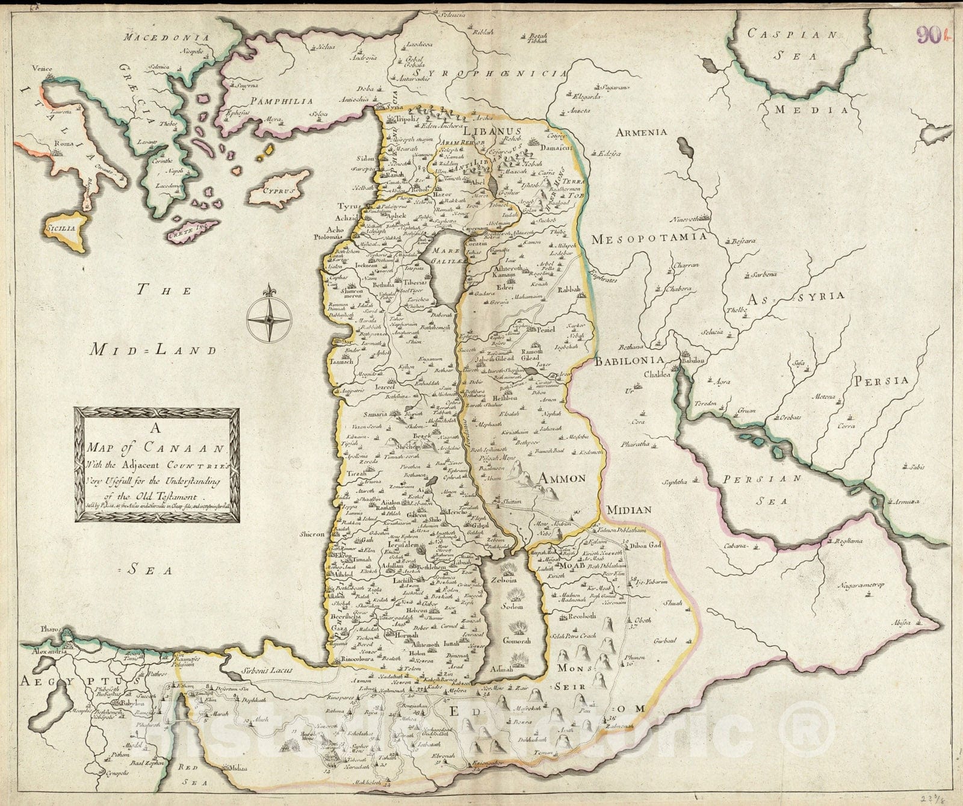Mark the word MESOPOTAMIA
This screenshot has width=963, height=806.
click(x=648, y=238)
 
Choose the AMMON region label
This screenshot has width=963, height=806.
click(x=562, y=479)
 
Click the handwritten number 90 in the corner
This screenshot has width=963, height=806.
click(x=928, y=36)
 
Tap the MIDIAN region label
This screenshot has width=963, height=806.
click(x=629, y=510)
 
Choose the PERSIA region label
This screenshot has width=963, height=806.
click(x=879, y=380)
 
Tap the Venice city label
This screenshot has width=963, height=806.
click(x=43, y=69)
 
